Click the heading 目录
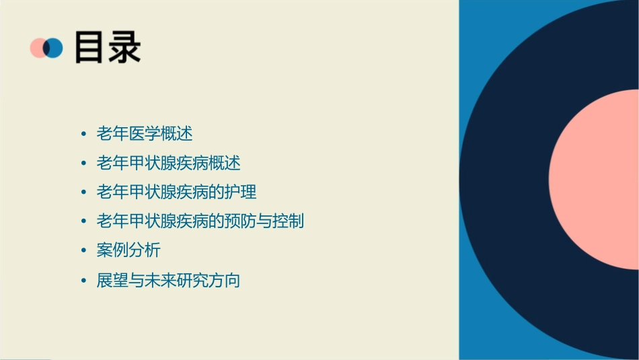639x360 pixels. pos(108,48)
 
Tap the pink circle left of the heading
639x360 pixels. pos(38,48)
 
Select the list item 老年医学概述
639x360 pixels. pos(145,134)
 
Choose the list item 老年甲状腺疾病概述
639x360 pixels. pos(168,163)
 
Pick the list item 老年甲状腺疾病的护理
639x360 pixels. pos(176,192)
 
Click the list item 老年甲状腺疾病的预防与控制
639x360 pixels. pos(200,221)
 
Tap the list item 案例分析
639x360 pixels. pos(128,250)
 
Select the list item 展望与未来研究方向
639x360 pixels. pos(168,280)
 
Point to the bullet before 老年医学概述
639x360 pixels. pos(83,135)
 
